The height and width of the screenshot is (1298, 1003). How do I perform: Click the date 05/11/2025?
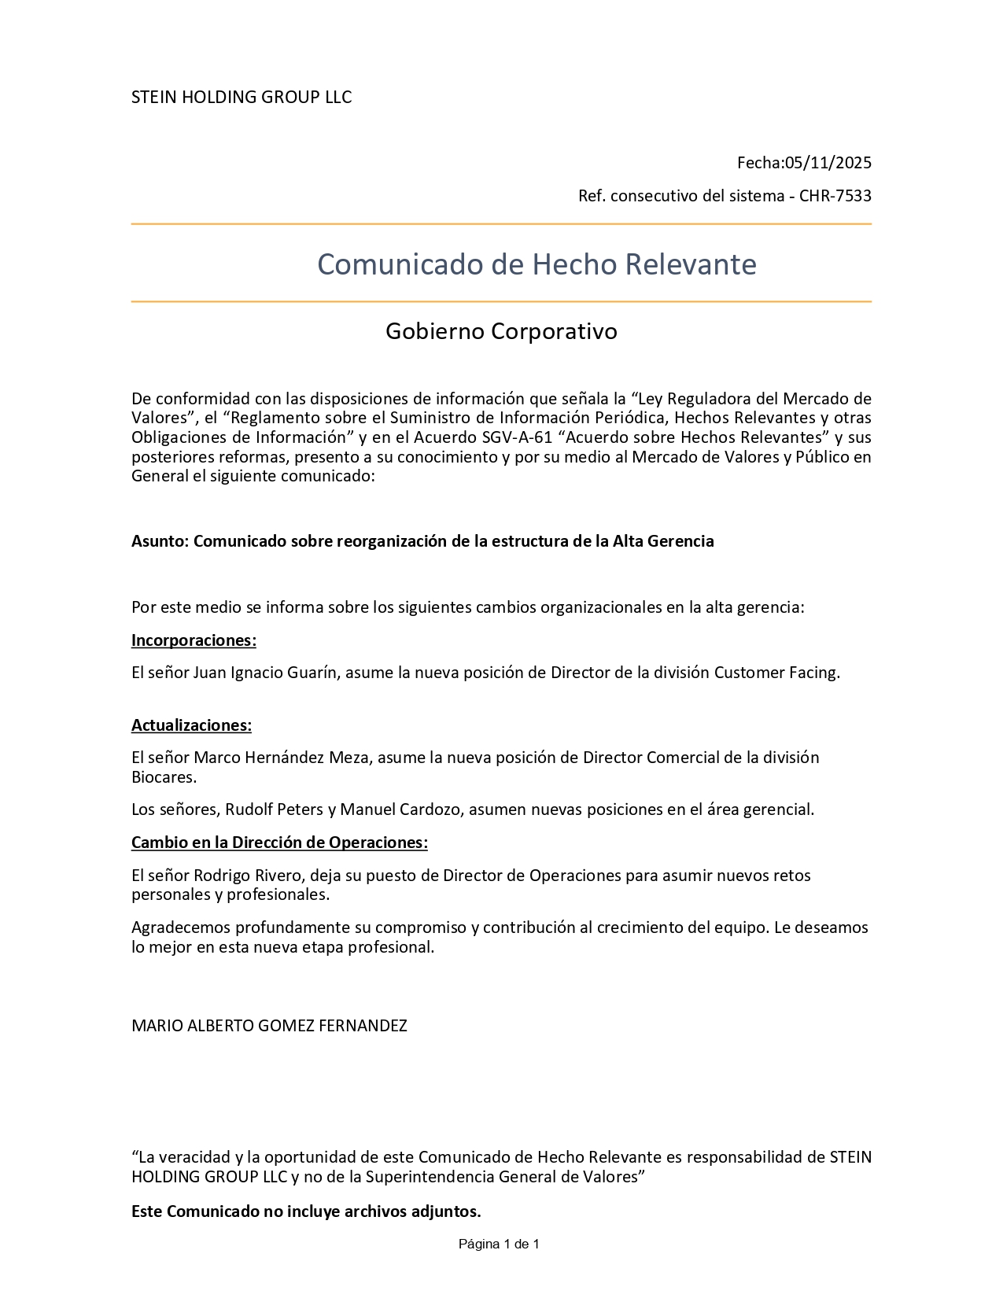point(828,163)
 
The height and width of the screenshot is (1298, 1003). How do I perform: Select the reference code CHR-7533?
point(835,196)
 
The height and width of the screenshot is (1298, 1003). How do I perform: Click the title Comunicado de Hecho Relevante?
point(537,264)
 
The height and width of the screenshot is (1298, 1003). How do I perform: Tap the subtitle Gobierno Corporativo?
point(501,331)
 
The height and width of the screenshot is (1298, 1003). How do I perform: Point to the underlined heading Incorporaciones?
point(194,640)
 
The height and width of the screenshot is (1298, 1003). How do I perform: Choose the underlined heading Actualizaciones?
point(191,725)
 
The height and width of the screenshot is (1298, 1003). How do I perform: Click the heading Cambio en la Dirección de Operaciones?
point(279,843)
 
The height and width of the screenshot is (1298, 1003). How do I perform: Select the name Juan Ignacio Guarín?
point(266,673)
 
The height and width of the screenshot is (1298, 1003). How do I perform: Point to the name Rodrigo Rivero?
point(249,876)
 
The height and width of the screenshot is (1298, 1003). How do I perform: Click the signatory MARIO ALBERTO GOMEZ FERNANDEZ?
point(269,1026)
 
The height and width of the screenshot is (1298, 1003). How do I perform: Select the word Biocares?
point(163,777)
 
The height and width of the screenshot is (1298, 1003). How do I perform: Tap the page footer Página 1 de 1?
point(499,1245)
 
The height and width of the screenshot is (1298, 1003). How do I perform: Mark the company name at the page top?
point(242,98)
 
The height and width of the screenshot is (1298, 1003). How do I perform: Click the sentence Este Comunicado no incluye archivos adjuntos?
point(306,1212)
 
